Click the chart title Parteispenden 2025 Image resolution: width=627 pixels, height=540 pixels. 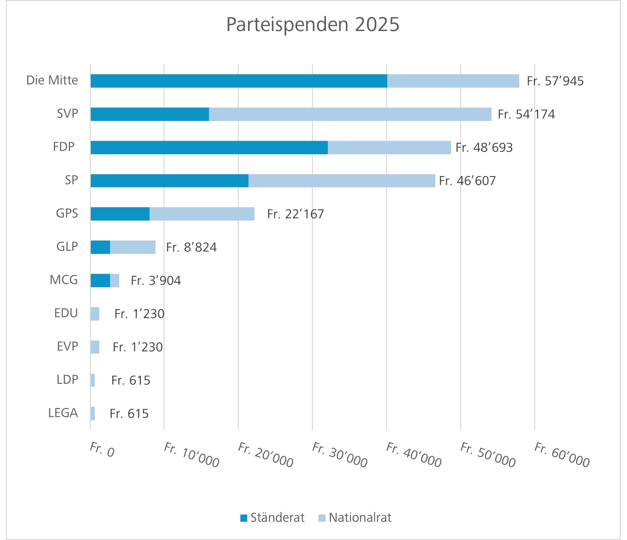pyautogui.click(x=313, y=25)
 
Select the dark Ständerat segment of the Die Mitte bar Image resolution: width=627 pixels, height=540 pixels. pyautogui.click(x=238, y=81)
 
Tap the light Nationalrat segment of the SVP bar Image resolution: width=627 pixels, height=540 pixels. pyautogui.click(x=350, y=114)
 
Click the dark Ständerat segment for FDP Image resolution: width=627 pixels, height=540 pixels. pyautogui.click(x=209, y=148)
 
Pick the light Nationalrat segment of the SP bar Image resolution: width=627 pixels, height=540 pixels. pyautogui.click(x=342, y=181)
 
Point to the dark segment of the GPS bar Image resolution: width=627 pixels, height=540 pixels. pyautogui.click(x=120, y=214)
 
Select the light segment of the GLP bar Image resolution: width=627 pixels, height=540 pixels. pyautogui.click(x=133, y=247)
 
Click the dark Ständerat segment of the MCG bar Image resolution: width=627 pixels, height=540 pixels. pyautogui.click(x=100, y=281)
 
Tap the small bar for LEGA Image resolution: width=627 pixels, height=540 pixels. pyautogui.click(x=93, y=414)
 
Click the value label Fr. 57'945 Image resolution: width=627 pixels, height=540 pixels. pyautogui.click(x=555, y=81)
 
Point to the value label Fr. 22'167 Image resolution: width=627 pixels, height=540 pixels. pyautogui.click(x=295, y=214)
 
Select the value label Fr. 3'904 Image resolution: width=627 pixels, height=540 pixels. pyautogui.click(x=156, y=281)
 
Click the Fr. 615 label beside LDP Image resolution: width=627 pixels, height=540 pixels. pyautogui.click(x=131, y=380)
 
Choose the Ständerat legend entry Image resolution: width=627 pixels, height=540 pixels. pyautogui.click(x=272, y=518)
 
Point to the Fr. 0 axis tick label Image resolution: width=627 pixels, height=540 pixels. pyautogui.click(x=102, y=450)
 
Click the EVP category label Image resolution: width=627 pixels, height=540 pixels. pyautogui.click(x=67, y=346)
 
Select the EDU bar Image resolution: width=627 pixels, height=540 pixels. pyautogui.click(x=95, y=314)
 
